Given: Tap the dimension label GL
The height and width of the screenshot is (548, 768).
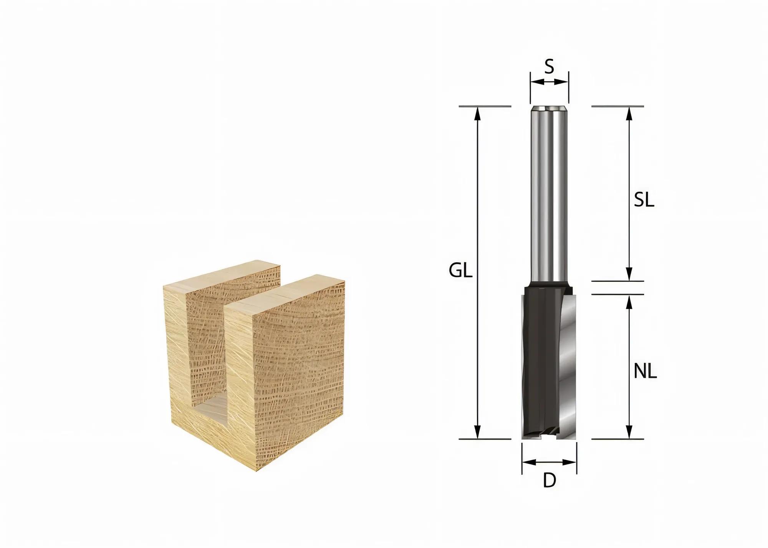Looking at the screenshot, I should click(x=460, y=271).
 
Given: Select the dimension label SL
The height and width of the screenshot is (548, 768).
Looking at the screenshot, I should click(x=644, y=201).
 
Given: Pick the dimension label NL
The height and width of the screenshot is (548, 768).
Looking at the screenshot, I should click(x=645, y=371).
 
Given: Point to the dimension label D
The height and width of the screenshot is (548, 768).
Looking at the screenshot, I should click(x=550, y=481).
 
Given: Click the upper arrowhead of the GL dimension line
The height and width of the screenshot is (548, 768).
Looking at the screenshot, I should click(x=477, y=113).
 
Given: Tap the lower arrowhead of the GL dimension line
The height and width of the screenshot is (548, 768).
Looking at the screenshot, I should click(x=477, y=432).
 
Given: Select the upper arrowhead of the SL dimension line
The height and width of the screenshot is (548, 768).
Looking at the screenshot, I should click(x=629, y=113).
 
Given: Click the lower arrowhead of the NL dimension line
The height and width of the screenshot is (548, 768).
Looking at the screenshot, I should click(x=629, y=432).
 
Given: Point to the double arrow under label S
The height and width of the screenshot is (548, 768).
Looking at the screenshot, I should click(x=549, y=82).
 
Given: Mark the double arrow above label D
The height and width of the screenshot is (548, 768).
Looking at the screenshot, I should click(x=550, y=462).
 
